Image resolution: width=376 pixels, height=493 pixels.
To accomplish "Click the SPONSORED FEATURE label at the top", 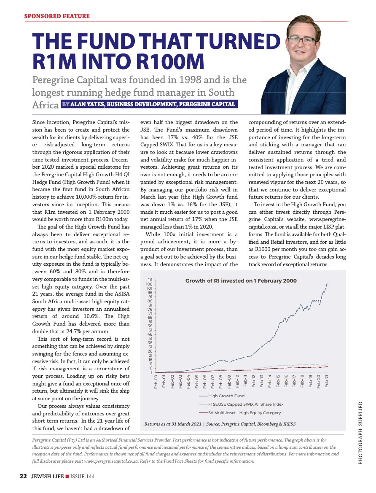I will [57, 16].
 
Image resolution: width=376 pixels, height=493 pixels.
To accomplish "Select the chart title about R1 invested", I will [241, 281].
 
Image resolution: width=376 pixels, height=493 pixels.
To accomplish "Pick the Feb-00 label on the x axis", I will [156, 382].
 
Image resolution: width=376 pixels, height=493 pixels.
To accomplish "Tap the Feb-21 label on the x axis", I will [327, 382].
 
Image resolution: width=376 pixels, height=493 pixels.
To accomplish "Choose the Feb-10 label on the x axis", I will [237, 382].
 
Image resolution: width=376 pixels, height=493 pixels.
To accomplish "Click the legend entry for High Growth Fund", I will [226, 396].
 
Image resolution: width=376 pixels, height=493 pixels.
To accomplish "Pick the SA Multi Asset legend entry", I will [244, 412].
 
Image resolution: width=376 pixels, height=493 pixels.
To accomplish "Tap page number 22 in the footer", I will [23, 476].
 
